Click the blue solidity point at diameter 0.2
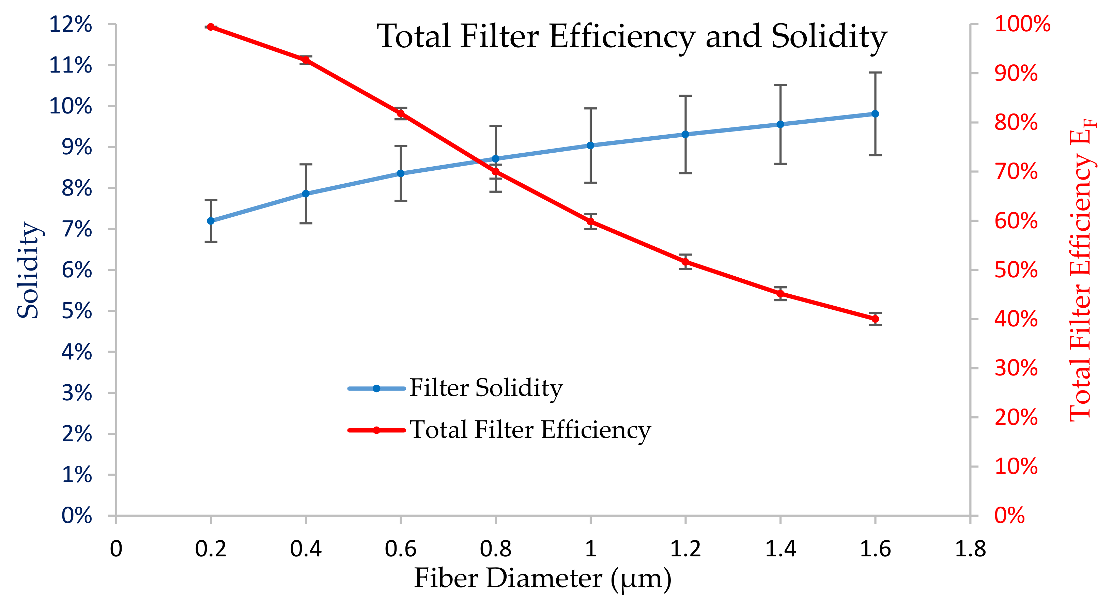click(x=211, y=221)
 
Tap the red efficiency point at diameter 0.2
click(x=211, y=27)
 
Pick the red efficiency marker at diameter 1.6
click(x=875, y=319)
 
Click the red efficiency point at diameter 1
click(x=590, y=221)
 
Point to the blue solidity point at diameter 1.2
click(x=685, y=134)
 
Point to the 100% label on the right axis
click(x=1022, y=24)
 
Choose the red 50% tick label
click(x=1016, y=270)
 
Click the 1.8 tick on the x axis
click(x=970, y=549)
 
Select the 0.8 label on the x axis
click(x=496, y=549)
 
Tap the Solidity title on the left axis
click(x=29, y=270)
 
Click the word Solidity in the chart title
click(x=829, y=37)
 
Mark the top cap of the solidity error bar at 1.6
click(x=875, y=73)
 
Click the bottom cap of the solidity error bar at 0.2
click(x=211, y=242)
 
